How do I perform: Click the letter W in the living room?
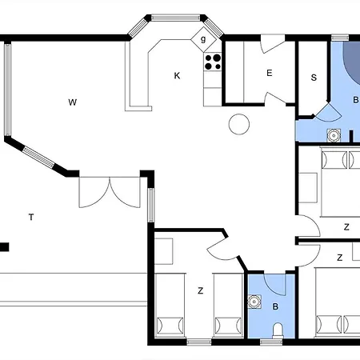72,102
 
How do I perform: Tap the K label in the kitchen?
177,76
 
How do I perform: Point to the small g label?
203,39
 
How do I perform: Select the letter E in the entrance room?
269,74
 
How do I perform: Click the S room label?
314,78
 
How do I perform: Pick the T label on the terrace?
30,217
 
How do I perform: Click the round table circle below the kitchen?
237,124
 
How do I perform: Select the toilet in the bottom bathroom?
277,331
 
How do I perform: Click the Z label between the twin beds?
199,290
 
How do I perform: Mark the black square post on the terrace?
4,246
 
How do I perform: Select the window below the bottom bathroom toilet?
271,342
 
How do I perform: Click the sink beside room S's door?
334,134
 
